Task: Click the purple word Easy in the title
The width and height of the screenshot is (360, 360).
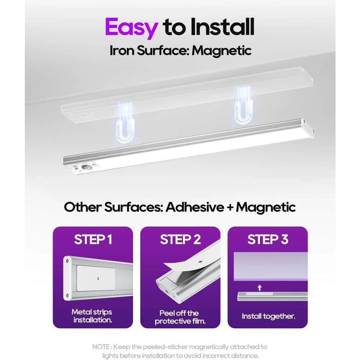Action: click(131, 28)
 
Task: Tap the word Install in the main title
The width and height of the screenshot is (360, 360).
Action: click(222, 27)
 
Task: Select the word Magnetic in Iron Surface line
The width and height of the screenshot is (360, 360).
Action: click(221, 51)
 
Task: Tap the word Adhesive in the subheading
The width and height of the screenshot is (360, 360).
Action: click(194, 207)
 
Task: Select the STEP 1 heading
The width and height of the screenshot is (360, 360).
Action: click(93, 239)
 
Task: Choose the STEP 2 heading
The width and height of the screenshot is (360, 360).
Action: click(180, 239)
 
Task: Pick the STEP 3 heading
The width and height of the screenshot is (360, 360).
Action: click(268, 239)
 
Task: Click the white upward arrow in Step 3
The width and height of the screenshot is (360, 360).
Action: click(260, 288)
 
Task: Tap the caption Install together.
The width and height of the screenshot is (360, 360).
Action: click(268, 316)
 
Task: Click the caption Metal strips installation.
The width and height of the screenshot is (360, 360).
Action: click(92, 316)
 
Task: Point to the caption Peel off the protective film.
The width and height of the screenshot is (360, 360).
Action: click(180, 317)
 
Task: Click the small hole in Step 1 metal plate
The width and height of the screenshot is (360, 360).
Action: click(98, 279)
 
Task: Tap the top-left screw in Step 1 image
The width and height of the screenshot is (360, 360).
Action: click(67, 261)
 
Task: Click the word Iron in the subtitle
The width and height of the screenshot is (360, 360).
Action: click(122, 51)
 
